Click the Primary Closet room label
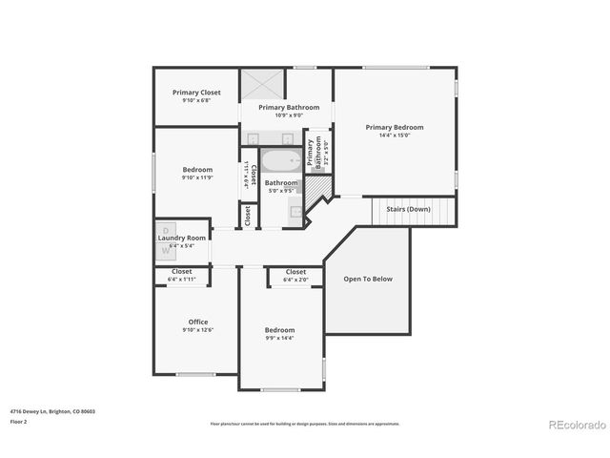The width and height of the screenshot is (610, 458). pyautogui.click(x=196, y=93)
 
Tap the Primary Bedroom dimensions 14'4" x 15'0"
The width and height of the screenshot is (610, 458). pyautogui.click(x=395, y=135)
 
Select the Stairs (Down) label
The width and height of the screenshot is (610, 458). pyautogui.click(x=407, y=208)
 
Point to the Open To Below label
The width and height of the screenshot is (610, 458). pyautogui.click(x=368, y=279)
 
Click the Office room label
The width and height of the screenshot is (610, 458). pyautogui.click(x=197, y=322)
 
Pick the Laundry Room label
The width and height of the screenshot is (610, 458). pyautogui.click(x=182, y=238)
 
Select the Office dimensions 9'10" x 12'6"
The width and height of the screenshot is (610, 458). pyautogui.click(x=197, y=330)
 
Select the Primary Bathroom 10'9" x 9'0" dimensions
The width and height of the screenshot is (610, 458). pyautogui.click(x=289, y=115)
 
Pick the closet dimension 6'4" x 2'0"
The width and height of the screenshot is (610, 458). pyautogui.click(x=295, y=280)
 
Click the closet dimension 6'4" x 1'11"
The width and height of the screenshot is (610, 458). pyautogui.click(x=181, y=280)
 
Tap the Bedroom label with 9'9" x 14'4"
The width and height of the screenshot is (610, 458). pyautogui.click(x=279, y=330)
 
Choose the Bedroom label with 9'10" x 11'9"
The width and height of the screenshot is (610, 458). pyautogui.click(x=197, y=170)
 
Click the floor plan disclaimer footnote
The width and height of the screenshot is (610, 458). pyautogui.click(x=305, y=424)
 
